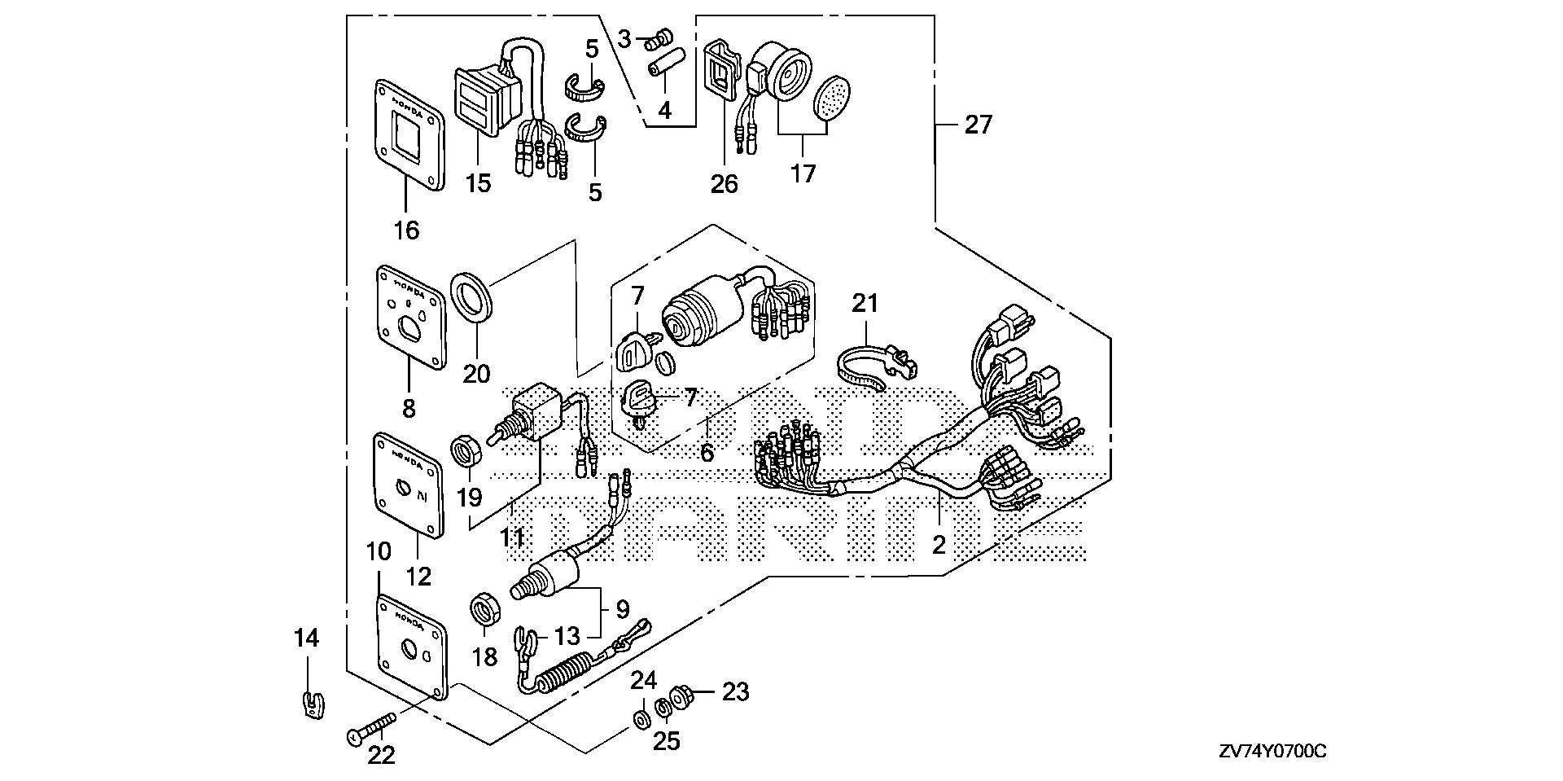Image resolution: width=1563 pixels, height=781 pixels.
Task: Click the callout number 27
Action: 979,125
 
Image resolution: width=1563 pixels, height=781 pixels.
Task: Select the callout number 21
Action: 865,304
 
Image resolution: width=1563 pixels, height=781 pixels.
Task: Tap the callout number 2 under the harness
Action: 939,544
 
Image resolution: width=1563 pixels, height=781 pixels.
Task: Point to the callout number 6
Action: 707,453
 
